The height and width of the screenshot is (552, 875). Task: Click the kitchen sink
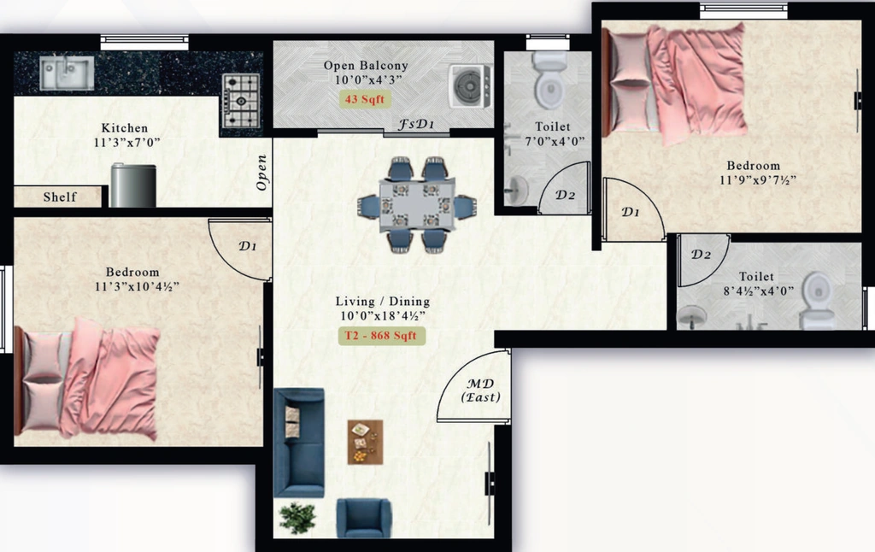pyautogui.click(x=67, y=73)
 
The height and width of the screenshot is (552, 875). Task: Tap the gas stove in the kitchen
pyautogui.click(x=241, y=101)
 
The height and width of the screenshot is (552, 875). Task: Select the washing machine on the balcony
pyautogui.click(x=471, y=86)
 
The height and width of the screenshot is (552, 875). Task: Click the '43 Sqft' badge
pyautogui.click(x=365, y=99)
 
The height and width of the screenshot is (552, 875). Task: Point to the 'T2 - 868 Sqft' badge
pyautogui.click(x=381, y=336)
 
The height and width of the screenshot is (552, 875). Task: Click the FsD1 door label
pyautogui.click(x=416, y=124)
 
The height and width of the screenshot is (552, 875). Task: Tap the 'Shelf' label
pyautogui.click(x=60, y=197)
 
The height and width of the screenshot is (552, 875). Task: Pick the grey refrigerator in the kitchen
pyautogui.click(x=133, y=185)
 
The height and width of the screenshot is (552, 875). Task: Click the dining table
pyautogui.click(x=417, y=204)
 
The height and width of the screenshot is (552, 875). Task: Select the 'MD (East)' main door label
pyautogui.click(x=480, y=391)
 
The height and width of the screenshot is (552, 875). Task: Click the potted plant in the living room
pyautogui.click(x=297, y=518)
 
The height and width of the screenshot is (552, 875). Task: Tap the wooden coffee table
pyautogui.click(x=366, y=442)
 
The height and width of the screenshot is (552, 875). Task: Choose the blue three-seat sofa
pyautogui.click(x=299, y=443)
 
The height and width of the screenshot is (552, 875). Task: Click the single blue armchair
pyautogui.click(x=363, y=518)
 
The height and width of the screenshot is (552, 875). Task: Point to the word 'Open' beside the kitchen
pyautogui.click(x=261, y=173)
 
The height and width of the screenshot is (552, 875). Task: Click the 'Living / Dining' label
pyautogui.click(x=383, y=302)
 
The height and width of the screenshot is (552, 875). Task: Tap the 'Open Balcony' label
pyautogui.click(x=366, y=65)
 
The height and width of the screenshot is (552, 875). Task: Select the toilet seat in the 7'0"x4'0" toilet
pyautogui.click(x=549, y=80)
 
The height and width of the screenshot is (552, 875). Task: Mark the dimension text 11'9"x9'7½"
pyautogui.click(x=757, y=179)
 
